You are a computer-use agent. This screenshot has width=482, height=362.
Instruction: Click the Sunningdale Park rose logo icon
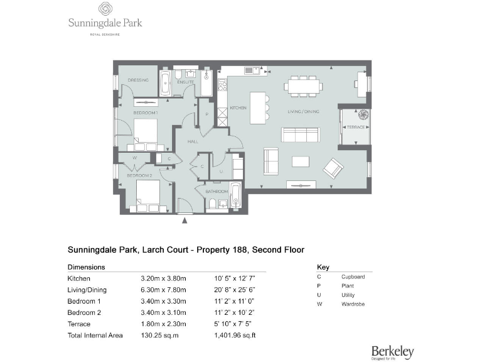(x=105, y=9)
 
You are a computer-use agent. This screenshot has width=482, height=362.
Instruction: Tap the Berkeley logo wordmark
(x=392, y=351)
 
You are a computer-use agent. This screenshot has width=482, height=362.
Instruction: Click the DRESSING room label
(x=137, y=80)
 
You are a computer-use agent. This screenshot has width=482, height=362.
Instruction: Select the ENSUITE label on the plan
(x=185, y=82)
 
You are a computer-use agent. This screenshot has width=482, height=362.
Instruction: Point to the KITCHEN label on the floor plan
(x=238, y=108)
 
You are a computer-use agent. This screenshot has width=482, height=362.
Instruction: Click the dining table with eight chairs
(x=304, y=85)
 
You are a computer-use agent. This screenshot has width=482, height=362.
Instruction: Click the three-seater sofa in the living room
(x=301, y=134)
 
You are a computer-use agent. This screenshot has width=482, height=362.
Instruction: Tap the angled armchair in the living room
(x=333, y=168)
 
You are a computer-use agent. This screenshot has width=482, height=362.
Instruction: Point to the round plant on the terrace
(x=363, y=115)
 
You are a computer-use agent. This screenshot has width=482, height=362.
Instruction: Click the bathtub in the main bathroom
(x=235, y=195)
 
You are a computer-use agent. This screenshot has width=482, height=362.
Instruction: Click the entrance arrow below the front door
(x=184, y=221)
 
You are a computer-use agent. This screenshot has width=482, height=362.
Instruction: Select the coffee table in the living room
(x=301, y=162)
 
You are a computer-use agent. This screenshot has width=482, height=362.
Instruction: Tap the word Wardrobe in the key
(x=353, y=304)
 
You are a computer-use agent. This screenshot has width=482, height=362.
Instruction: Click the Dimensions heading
(x=86, y=266)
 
